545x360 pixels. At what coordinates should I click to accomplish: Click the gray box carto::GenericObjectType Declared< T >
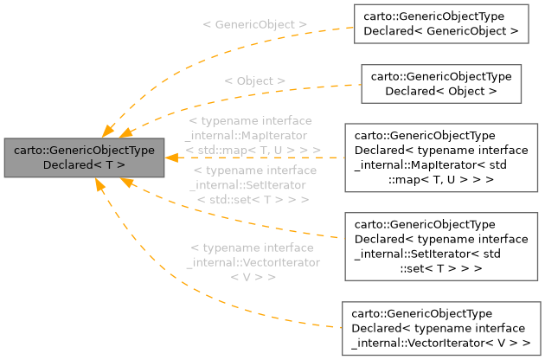[x=84, y=157]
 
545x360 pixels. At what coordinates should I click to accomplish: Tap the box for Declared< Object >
[x=441, y=83]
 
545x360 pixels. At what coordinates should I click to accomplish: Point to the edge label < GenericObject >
[x=255, y=24]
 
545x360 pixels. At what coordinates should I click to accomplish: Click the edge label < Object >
[x=255, y=80]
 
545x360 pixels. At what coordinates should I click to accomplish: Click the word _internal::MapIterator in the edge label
[x=247, y=136]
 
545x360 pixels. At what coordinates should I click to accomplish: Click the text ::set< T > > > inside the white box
[x=440, y=268]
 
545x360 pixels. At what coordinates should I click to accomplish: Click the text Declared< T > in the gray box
[x=84, y=164]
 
